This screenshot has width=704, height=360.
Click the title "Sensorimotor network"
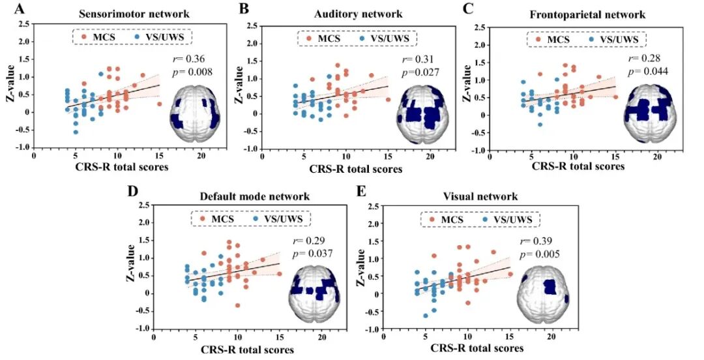(134, 14)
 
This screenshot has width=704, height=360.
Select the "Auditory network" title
(359, 14)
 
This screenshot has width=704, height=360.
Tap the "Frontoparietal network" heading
(587, 14)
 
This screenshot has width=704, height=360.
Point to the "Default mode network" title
(255, 196)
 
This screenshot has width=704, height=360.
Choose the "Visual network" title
(480, 196)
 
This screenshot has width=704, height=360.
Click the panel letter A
(20, 8)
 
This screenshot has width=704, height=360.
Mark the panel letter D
(132, 190)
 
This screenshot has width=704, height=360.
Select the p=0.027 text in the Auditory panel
(420, 72)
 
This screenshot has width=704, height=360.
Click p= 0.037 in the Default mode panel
(312, 254)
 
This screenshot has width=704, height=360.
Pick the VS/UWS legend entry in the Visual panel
(507, 219)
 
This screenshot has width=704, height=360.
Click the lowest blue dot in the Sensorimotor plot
(76, 132)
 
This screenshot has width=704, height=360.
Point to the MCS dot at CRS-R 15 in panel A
(160, 104)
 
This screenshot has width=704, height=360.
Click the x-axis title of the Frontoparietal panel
(578, 166)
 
